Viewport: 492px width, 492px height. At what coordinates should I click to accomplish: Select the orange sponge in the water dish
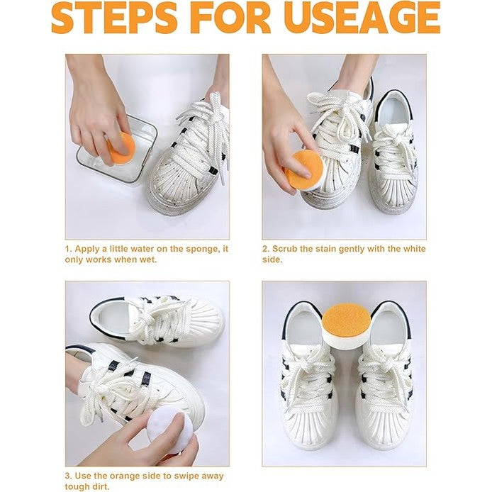click(x=121, y=147)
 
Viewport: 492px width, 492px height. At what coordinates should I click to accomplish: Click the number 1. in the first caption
click(x=69, y=249)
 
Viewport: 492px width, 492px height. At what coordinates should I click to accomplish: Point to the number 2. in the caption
click(x=266, y=249)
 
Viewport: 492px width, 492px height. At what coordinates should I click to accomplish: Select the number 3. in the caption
click(x=69, y=474)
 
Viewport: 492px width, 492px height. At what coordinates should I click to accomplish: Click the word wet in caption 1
click(x=147, y=259)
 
